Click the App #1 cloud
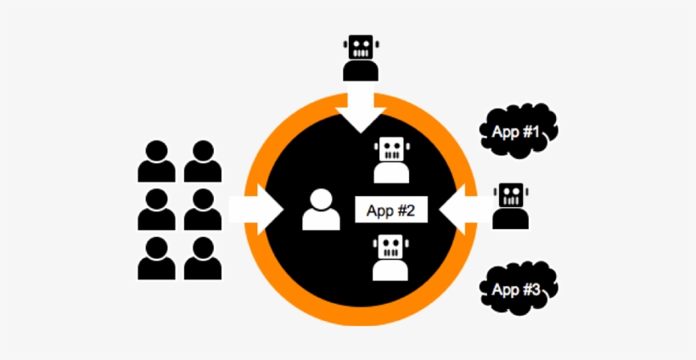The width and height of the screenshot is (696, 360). click(518, 131)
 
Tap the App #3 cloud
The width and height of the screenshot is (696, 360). click(518, 289)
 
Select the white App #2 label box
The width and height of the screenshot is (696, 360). click(391, 210)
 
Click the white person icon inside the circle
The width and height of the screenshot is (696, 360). click(322, 210)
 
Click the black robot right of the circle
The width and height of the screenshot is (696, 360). click(510, 206)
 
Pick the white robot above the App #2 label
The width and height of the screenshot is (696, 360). click(391, 160)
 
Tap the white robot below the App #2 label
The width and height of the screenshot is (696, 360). click(390, 257)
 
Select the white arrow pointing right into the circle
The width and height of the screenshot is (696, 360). click(256, 210)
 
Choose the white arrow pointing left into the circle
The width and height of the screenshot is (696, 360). click(466, 210)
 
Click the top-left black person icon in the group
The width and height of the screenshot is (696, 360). click(157, 161)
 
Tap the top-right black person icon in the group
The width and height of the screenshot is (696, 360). click(203, 161)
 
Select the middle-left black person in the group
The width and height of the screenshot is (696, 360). click(157, 209)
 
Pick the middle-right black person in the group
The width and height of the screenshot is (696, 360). click(203, 209)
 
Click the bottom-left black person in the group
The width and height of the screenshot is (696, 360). click(157, 258)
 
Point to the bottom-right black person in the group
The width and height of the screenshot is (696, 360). click(203, 258)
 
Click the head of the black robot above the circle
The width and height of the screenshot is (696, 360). click(361, 47)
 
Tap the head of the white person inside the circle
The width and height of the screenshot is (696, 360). click(322, 199)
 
